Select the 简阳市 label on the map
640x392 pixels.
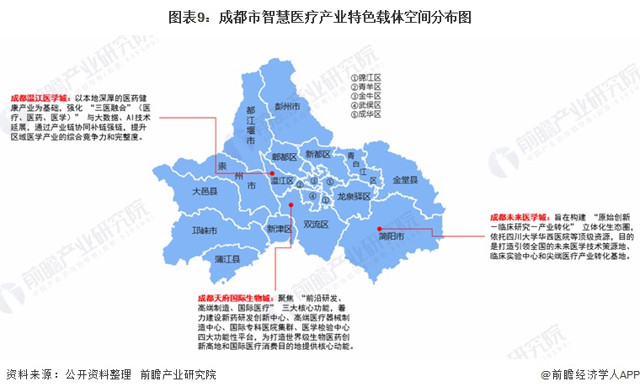click(392, 237)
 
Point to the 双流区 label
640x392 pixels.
click(316, 224)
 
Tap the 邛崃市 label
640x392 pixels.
click(205, 230)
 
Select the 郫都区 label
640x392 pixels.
click(284, 156)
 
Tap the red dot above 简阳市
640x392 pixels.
click(380, 226)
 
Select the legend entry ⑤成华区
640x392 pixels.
click(366, 114)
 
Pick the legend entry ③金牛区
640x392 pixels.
click(366, 96)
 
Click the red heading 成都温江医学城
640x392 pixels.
click(40, 98)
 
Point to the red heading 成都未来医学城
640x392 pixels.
click(519, 216)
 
